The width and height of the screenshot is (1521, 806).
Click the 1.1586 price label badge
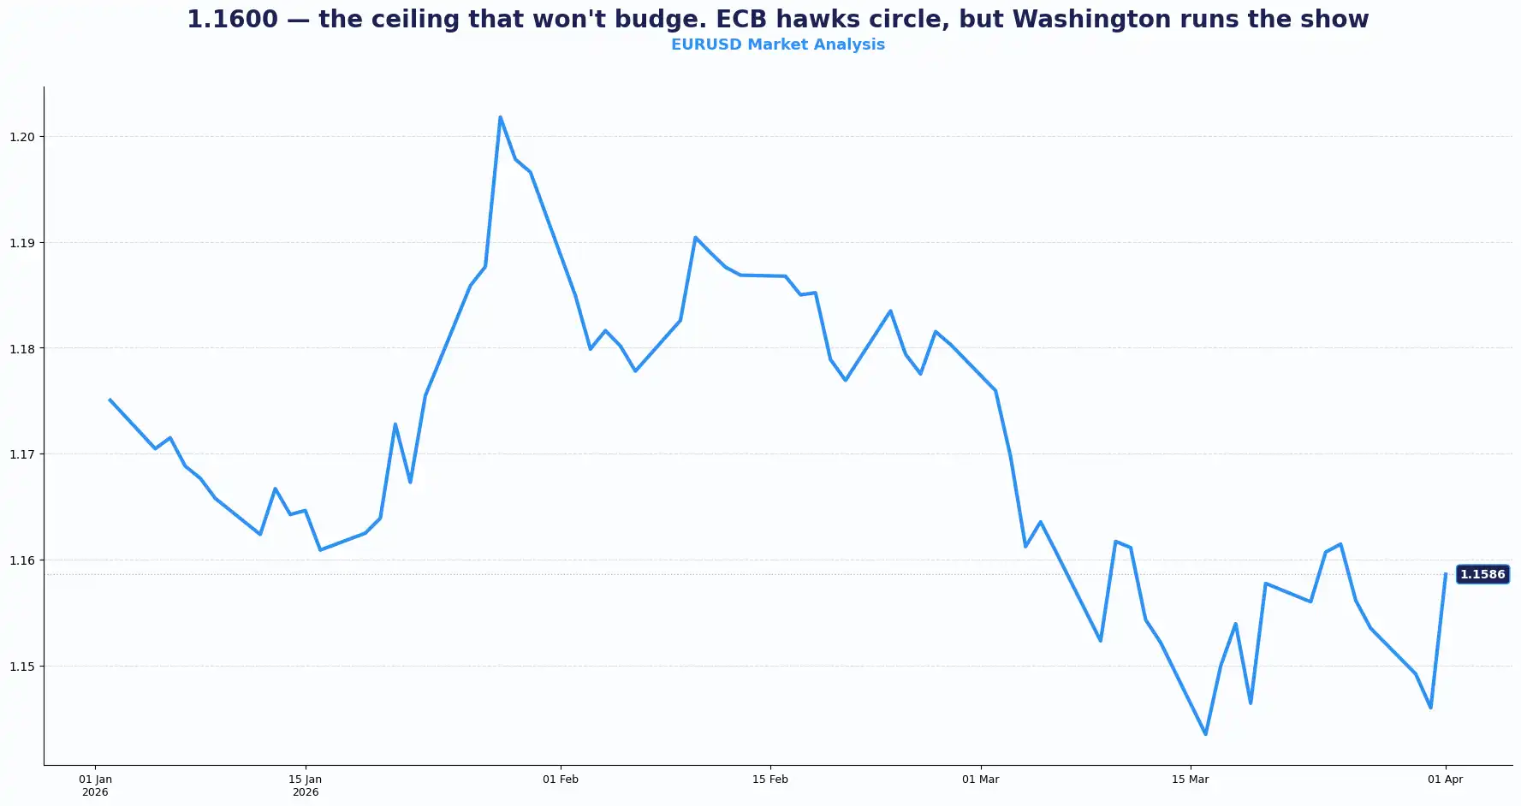click(1482, 574)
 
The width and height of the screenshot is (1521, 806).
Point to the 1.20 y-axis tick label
click(22, 137)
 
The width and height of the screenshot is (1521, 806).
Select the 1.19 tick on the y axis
click(22, 243)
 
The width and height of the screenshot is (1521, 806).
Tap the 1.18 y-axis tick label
click(22, 348)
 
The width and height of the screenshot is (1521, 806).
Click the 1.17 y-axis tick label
click(22, 454)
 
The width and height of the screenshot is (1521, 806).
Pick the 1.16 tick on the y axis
click(22, 560)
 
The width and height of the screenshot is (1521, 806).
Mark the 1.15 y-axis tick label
click(22, 666)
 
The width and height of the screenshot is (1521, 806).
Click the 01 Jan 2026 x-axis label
click(95, 785)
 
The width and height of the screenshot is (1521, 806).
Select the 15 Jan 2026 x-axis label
click(306, 785)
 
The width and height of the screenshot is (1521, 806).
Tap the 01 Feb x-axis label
click(561, 779)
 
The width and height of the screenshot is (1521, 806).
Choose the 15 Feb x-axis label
click(770, 779)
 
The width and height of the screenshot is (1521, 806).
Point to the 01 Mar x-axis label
click(980, 779)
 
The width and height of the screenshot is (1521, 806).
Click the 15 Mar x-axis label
click(1190, 779)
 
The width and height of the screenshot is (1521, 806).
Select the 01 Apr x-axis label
click(1445, 779)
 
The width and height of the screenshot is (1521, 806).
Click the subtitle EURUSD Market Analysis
click(777, 44)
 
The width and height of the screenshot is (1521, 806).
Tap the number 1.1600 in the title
click(232, 20)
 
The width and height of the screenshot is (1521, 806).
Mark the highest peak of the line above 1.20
click(500, 117)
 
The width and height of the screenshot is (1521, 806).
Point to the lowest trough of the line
click(1205, 734)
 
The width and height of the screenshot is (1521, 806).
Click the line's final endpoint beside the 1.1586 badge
click(1445, 574)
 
